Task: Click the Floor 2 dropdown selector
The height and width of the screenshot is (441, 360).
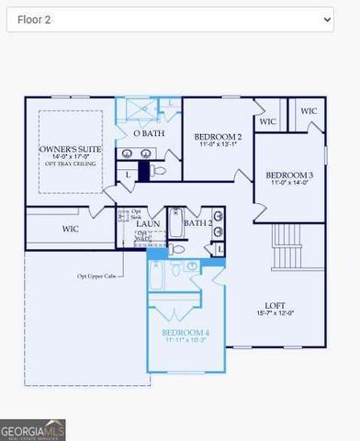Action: (x=170, y=19)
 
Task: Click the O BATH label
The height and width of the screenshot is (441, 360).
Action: (x=148, y=134)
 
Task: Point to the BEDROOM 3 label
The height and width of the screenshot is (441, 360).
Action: (x=289, y=175)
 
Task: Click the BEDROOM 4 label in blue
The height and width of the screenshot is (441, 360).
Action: (x=186, y=332)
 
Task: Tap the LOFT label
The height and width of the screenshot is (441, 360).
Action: (x=276, y=305)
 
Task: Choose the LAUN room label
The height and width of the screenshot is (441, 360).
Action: (x=149, y=223)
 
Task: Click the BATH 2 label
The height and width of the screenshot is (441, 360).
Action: (x=197, y=222)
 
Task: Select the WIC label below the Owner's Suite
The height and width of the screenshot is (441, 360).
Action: (x=70, y=228)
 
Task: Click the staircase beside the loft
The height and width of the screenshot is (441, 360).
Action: (x=289, y=249)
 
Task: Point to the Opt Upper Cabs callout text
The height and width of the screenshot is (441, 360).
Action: (x=97, y=276)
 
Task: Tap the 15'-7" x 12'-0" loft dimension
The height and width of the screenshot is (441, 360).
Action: (x=276, y=315)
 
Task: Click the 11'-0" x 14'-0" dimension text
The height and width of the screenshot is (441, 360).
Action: (x=289, y=184)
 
